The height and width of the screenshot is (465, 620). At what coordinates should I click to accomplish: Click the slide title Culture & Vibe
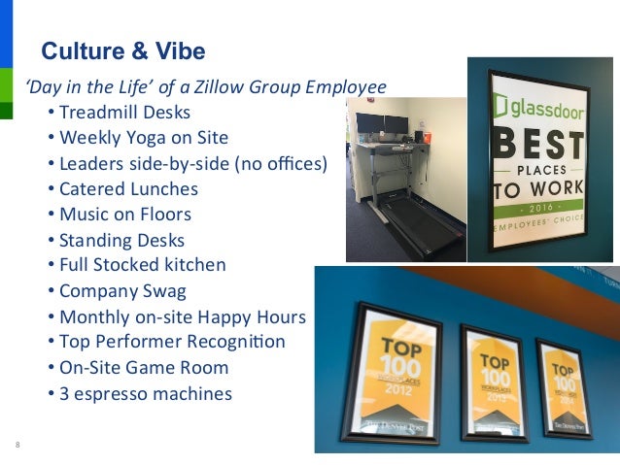click(x=122, y=50)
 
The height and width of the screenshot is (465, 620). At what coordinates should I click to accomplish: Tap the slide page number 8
click(x=17, y=445)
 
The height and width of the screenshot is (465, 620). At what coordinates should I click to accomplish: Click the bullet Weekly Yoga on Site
click(x=144, y=138)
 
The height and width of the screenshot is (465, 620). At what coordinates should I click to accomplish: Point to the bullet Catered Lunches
click(x=128, y=188)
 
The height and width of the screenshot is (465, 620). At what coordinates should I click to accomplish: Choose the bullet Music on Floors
click(x=125, y=214)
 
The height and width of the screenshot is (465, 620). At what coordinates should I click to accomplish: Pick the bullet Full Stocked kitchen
click(x=142, y=264)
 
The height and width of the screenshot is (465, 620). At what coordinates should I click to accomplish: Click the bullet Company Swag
click(x=122, y=289)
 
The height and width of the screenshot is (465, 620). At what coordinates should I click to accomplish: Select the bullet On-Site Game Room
click(x=144, y=368)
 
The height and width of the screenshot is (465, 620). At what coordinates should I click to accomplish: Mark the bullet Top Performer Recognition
click(x=172, y=342)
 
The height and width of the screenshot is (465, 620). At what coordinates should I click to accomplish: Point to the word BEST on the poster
click(x=539, y=149)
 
